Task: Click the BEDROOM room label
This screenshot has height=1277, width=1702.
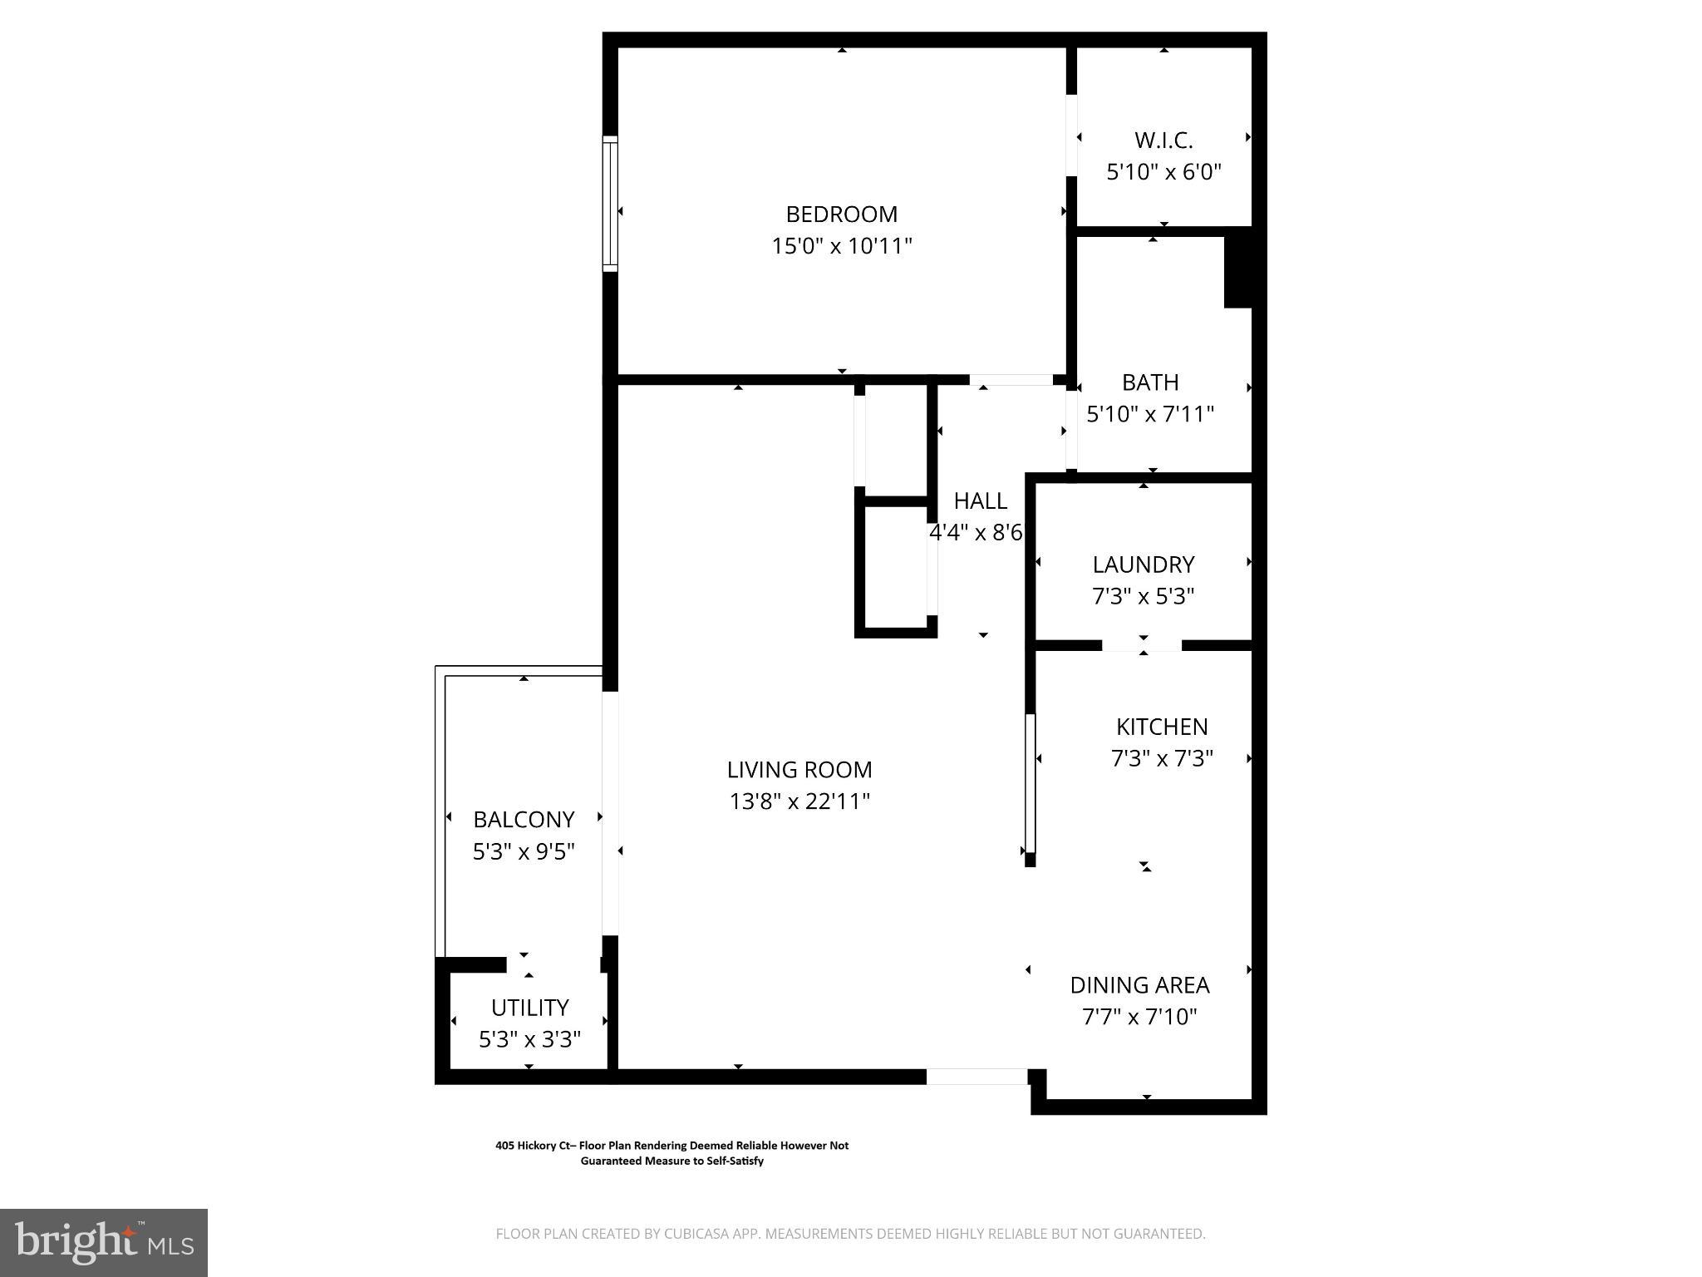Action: (841, 214)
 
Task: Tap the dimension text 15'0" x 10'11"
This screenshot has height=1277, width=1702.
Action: (841, 246)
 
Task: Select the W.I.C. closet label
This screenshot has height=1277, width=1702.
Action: (1163, 141)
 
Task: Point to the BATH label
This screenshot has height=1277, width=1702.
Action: (1150, 382)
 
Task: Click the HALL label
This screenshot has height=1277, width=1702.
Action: (980, 500)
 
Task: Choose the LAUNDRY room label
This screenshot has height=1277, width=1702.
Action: (1143, 565)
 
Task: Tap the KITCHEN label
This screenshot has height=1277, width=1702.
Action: (1161, 727)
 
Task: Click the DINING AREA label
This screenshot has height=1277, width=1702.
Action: (1139, 985)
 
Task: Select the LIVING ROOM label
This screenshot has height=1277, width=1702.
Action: (799, 770)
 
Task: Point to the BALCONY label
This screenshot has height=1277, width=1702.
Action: (524, 820)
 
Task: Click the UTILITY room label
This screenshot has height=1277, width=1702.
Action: (529, 1008)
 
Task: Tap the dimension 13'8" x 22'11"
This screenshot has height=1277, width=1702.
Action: (799, 801)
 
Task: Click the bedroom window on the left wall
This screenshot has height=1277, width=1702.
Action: (611, 204)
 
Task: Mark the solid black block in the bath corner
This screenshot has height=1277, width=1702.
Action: (1238, 272)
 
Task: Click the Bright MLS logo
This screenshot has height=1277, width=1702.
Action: (104, 1242)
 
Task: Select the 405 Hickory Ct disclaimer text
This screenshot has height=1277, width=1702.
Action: (671, 1153)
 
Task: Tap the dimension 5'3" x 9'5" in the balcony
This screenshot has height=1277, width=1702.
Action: (524, 851)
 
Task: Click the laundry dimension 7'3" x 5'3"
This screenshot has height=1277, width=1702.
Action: (1143, 596)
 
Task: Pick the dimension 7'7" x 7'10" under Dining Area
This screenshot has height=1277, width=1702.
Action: (1139, 1017)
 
